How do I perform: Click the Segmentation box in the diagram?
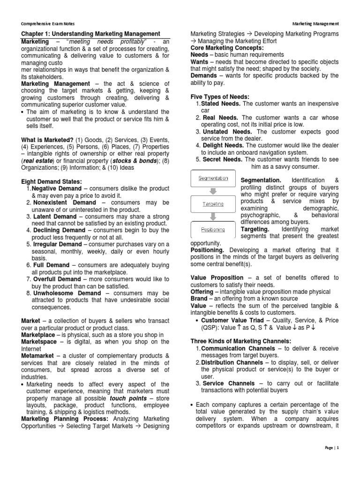[213, 178]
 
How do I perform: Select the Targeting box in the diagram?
[213, 204]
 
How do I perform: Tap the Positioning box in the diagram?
[213, 230]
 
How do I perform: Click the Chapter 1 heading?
[91, 34]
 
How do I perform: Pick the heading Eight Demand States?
[52, 181]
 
